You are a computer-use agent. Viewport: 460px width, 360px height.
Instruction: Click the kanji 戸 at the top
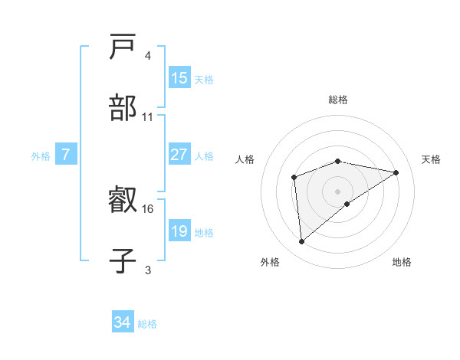coord(123,48)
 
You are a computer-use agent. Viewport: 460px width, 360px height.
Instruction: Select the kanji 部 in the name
coord(123,108)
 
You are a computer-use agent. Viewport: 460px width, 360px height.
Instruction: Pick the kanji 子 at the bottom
coord(123,260)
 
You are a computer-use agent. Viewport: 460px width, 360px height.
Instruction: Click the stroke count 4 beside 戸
coord(147,56)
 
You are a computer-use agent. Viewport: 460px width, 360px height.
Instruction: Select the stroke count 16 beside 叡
coord(148,208)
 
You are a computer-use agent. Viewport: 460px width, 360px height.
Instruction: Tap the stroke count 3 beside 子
coord(147,269)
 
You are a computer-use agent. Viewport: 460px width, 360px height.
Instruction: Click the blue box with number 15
coord(179,78)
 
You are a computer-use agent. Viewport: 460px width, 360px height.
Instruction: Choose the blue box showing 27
coord(179,155)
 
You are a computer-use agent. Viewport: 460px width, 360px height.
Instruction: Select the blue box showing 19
coord(179,231)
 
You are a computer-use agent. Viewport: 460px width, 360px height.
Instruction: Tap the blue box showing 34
coord(122,322)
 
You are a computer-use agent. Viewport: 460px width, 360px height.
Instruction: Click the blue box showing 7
coord(66,155)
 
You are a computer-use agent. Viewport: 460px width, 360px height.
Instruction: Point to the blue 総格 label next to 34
coord(147,324)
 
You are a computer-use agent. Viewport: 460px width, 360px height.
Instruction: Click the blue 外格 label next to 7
coord(41,156)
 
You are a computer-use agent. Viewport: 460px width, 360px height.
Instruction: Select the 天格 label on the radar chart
coord(432,159)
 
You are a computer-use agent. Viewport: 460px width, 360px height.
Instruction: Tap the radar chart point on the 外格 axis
coord(302,242)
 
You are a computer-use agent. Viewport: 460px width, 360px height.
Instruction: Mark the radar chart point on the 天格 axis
coord(396,172)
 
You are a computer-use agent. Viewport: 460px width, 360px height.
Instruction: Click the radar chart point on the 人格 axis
coord(294,178)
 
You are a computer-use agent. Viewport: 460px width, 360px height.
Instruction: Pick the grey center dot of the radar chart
coord(338,191)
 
